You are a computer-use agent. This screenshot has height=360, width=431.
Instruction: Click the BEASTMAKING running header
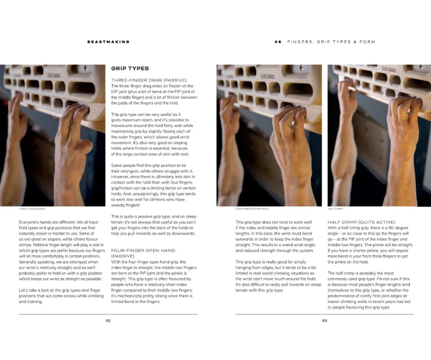click(108, 42)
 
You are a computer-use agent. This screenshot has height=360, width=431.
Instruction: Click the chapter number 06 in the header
click(278, 42)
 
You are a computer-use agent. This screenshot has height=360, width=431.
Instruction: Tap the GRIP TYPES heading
click(130, 68)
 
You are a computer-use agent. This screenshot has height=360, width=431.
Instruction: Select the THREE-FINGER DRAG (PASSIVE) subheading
click(149, 80)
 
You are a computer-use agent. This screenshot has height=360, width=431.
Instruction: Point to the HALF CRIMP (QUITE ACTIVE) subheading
click(361, 222)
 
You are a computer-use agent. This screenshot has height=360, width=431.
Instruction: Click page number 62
click(108, 321)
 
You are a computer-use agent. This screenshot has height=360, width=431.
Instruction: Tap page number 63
click(324, 321)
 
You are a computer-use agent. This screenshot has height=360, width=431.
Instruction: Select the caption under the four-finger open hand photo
click(252, 209)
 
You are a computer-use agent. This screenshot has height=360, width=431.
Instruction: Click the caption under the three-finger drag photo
click(32, 209)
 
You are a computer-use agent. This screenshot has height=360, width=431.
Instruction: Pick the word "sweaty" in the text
click(118, 205)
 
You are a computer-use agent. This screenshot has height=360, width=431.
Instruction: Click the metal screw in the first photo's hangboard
click(86, 68)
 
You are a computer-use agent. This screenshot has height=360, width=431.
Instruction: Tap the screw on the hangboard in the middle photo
click(302, 68)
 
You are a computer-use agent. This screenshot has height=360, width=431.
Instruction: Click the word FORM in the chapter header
click(367, 42)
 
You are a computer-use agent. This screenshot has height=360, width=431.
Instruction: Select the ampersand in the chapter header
click(355, 42)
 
